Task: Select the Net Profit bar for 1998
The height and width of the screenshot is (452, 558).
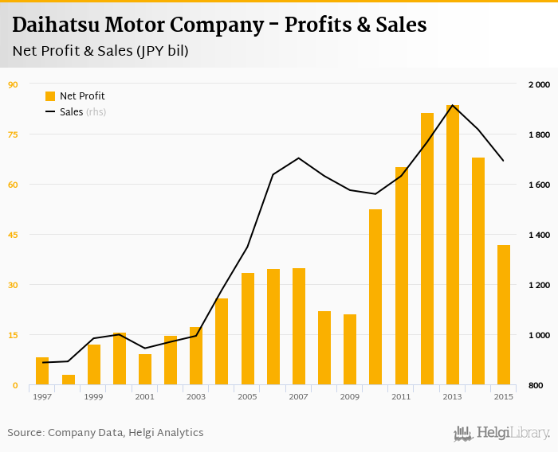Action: [69, 380]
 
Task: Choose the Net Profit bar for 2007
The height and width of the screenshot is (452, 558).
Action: [299, 326]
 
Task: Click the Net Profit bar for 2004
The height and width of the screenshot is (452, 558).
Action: [222, 341]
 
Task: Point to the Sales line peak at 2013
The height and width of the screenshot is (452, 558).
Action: [453, 105]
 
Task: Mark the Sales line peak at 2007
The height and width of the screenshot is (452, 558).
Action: [299, 158]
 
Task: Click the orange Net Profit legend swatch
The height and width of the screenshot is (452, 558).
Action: [50, 96]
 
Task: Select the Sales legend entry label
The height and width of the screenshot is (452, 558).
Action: [71, 112]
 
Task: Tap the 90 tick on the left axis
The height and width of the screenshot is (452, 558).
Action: [13, 84]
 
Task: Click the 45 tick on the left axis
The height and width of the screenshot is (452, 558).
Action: [13, 235]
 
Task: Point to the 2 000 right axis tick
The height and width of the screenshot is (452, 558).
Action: [539, 84]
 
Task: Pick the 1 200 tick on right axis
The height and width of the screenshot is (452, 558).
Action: [539, 285]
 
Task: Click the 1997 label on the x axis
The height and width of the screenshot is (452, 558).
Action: [42, 396]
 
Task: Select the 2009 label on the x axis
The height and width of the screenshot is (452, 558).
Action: [350, 396]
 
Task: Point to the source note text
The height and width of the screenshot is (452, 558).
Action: [105, 433]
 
